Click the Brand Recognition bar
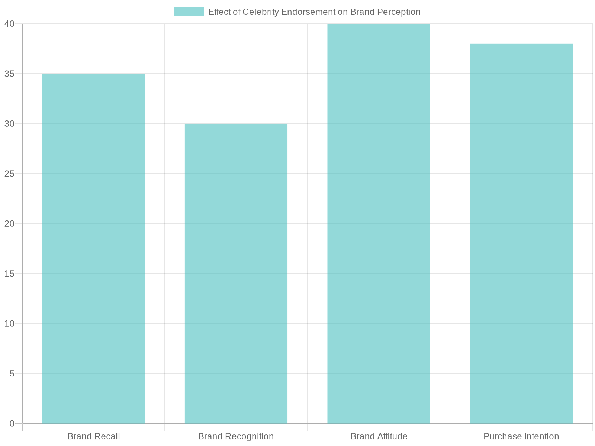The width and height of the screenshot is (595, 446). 236,274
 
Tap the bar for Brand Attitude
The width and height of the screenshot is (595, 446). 379,224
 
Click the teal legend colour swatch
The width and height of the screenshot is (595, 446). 189,12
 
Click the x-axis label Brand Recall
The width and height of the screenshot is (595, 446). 94,436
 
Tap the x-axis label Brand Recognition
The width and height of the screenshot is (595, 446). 236,436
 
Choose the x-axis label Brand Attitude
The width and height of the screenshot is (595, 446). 379,436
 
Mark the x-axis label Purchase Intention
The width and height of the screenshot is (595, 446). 521,436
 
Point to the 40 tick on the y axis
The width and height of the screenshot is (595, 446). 9,24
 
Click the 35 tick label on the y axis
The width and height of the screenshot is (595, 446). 9,74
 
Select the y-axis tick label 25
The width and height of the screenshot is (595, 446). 9,174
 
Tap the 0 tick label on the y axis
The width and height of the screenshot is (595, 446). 12,423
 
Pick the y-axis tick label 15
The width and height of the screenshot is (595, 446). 9,274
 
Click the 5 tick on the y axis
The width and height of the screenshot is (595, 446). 12,374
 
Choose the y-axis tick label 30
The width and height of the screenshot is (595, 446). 9,124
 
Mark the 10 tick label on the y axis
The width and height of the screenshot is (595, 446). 9,323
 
